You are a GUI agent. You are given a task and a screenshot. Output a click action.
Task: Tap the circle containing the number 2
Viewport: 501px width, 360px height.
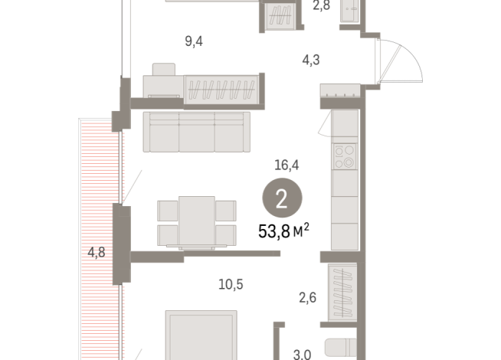(281, 200)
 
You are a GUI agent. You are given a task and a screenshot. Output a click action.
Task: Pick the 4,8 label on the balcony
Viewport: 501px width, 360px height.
(96, 250)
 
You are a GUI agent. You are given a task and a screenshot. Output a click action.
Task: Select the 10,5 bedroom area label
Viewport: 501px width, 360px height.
(231, 285)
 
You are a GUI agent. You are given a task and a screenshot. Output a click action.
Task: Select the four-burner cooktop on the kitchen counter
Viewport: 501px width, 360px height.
(345, 156)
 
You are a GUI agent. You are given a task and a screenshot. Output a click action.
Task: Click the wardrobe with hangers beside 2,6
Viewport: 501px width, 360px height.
(341, 293)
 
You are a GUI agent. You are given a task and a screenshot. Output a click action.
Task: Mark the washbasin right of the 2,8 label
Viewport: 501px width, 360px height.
(353, 13)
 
